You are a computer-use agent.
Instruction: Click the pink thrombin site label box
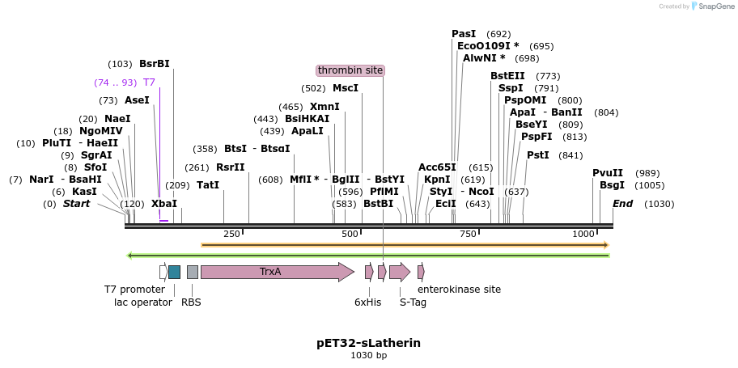point(350,70)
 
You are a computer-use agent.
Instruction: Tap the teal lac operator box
point(174,272)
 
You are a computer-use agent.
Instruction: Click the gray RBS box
point(193,272)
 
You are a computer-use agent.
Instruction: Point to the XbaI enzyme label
point(164,204)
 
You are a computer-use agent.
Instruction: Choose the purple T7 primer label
point(149,82)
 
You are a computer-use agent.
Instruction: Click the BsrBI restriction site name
point(155,64)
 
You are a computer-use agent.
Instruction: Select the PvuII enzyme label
point(608,173)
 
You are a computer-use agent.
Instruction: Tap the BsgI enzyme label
point(612,185)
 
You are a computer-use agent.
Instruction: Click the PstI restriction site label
point(538,155)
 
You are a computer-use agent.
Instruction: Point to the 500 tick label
point(350,234)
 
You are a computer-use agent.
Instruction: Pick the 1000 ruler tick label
point(583,234)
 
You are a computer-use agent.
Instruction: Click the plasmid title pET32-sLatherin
point(368,343)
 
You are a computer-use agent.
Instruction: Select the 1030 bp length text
point(368,355)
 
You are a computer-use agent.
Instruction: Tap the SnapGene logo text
point(713,6)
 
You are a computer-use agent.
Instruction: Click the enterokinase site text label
point(459,289)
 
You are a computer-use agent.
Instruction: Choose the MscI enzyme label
point(346,88)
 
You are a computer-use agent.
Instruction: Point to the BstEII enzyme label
point(507,76)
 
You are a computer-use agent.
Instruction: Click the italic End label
point(623,204)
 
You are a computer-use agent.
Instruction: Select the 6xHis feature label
point(367,302)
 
